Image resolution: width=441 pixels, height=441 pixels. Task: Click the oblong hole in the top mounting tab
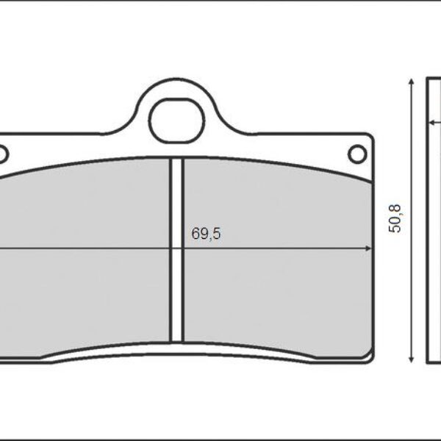(176, 121)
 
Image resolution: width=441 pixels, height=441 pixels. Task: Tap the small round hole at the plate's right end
(356, 154)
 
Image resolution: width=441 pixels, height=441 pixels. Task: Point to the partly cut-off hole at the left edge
(2, 154)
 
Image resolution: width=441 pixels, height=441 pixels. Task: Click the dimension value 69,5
(206, 234)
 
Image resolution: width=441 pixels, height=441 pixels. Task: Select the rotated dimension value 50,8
(395, 219)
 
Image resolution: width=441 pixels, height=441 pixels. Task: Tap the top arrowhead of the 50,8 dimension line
(410, 82)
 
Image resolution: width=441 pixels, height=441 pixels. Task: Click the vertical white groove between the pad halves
(176, 250)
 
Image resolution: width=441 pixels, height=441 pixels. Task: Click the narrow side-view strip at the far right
(434, 220)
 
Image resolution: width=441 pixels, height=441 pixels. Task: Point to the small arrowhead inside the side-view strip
(431, 123)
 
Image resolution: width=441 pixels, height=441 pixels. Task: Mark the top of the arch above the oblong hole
(176, 82)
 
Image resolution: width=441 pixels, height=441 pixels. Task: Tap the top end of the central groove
(176, 159)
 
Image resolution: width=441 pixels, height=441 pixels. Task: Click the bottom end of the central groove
(176, 340)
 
